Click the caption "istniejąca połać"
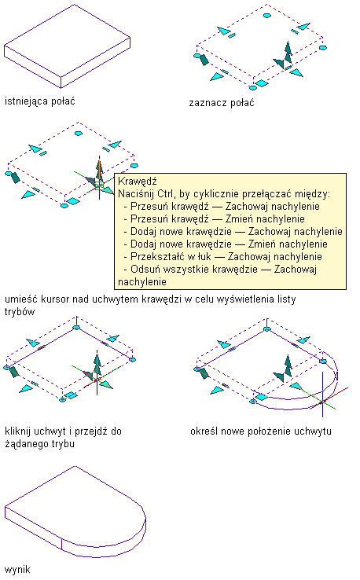39,101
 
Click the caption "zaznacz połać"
222,103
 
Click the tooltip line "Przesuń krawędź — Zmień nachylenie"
218,219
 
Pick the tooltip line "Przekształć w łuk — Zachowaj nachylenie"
226,257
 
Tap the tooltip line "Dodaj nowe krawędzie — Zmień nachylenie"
229,244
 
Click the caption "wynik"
17,569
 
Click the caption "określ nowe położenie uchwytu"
261,431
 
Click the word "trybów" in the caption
20,312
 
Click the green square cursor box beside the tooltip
99,185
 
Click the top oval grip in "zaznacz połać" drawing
266,16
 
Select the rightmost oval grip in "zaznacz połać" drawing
323,48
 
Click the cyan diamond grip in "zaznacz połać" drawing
262,83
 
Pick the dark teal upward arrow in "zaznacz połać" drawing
288,53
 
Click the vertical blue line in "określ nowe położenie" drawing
322,395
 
